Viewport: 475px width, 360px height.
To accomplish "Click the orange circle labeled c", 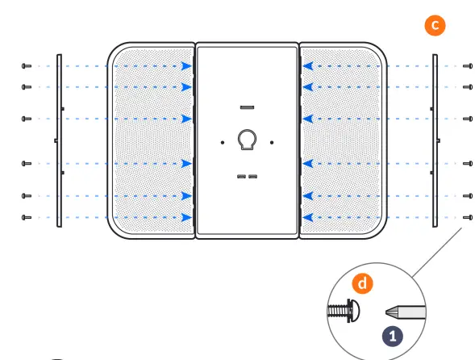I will point(435,25).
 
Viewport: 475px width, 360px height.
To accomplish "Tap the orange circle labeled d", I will point(364,283).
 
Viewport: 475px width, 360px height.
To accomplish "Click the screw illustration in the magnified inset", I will point(344,309).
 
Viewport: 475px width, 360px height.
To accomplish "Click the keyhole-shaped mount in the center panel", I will point(246,140).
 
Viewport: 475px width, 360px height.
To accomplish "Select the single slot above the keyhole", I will point(247,107).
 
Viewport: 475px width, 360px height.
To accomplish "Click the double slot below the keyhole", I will point(247,176).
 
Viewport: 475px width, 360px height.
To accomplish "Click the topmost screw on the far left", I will point(27,66).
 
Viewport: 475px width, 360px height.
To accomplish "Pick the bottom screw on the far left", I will point(27,217).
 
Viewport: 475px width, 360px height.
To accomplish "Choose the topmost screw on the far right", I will point(468,66).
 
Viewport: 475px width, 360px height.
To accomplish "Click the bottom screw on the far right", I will point(468,217).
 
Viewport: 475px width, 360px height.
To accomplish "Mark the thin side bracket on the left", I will point(59,141).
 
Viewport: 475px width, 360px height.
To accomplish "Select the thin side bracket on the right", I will point(435,141).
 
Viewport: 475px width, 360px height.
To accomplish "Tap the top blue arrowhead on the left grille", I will point(187,66).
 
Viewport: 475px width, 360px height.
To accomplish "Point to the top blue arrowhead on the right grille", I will point(306,66).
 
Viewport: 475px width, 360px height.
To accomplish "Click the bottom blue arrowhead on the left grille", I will point(187,217).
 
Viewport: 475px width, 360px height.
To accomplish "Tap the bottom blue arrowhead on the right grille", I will point(306,217).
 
